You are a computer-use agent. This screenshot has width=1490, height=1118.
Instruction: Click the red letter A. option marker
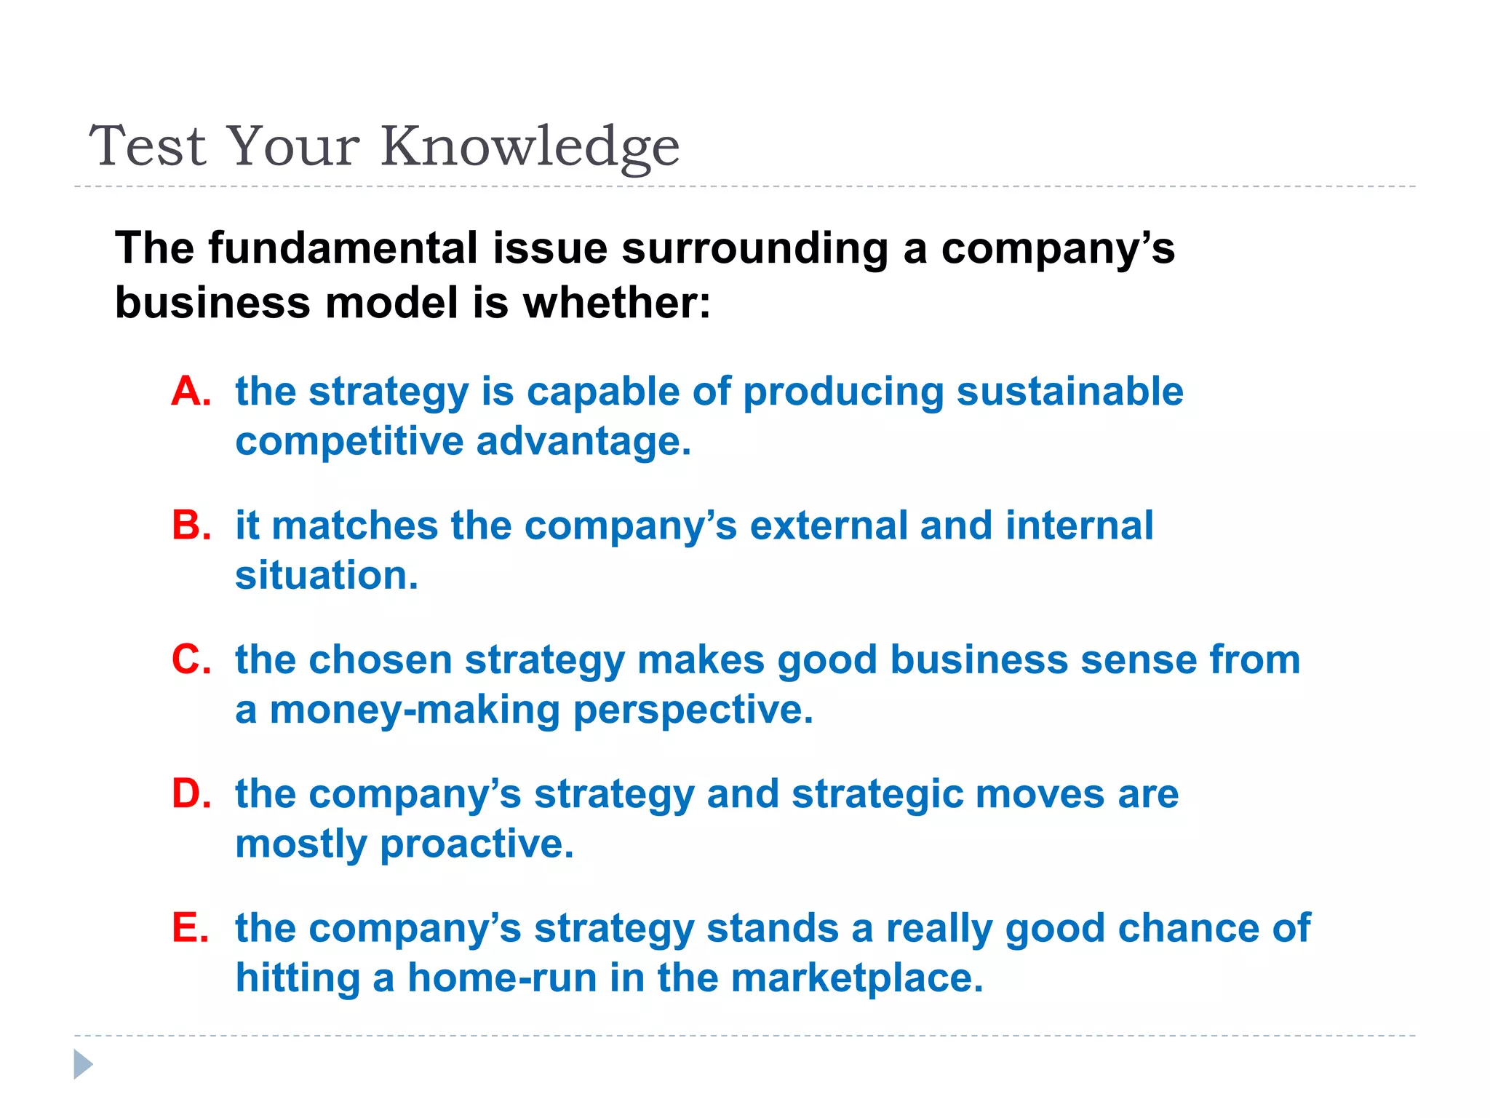coord(191,392)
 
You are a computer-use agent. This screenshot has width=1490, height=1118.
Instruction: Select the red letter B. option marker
coord(191,526)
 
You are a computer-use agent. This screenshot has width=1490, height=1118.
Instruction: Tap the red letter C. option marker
coord(191,660)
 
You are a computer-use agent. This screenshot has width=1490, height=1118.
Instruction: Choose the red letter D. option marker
coord(191,794)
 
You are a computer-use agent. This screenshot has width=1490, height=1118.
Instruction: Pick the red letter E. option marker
coord(190,928)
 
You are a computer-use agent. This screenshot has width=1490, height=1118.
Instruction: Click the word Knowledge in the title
coord(530,146)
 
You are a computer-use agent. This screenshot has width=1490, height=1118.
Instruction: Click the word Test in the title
coord(148,146)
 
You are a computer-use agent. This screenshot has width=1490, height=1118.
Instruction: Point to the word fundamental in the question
coord(343,248)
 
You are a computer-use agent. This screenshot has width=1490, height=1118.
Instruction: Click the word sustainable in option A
coord(1069,392)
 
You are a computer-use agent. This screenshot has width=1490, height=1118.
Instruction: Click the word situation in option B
coord(327,576)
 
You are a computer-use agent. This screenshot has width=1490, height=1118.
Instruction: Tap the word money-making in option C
coord(415,710)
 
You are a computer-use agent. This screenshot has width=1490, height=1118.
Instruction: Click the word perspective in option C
coord(693,710)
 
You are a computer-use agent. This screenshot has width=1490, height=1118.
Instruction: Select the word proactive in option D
coord(477,844)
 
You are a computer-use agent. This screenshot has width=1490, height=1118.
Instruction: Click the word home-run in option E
coord(502,978)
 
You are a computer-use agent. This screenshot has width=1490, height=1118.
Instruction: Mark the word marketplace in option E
coord(856,978)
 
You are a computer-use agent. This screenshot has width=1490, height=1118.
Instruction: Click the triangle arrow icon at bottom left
coord(83,1064)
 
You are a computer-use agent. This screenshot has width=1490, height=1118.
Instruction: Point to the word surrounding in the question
coord(754,248)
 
